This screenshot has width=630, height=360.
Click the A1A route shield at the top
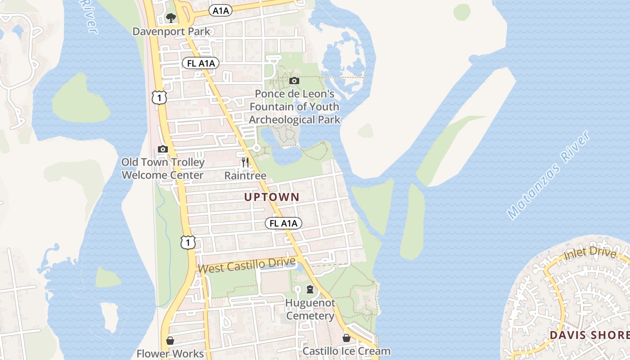tap(220, 11)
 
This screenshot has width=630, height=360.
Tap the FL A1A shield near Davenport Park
tap(201, 63)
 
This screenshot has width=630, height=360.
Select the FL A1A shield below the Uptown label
tap(283, 223)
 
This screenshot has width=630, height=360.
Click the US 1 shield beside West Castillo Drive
tap(188, 242)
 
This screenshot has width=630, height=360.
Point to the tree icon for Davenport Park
tap(171, 18)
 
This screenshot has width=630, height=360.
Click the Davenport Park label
tap(171, 31)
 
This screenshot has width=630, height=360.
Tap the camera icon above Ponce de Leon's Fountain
tap(294, 81)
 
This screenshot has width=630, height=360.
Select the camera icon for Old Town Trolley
tap(163, 149)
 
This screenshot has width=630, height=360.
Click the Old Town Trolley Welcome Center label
tap(163, 169)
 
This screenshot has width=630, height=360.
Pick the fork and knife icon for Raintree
tap(245, 162)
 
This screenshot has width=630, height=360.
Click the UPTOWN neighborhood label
tap(271, 197)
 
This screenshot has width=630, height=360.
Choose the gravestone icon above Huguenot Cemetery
tap(310, 289)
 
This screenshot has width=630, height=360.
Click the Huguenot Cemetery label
tap(310, 309)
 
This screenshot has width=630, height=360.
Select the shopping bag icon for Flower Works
tap(170, 341)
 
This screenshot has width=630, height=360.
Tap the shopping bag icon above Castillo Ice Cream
tap(346, 337)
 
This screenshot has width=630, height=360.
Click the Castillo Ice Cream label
tap(346, 351)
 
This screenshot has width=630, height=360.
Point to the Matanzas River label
tap(549, 175)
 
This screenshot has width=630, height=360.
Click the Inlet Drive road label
tap(589, 254)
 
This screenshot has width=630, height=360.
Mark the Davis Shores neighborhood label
tap(589, 335)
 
